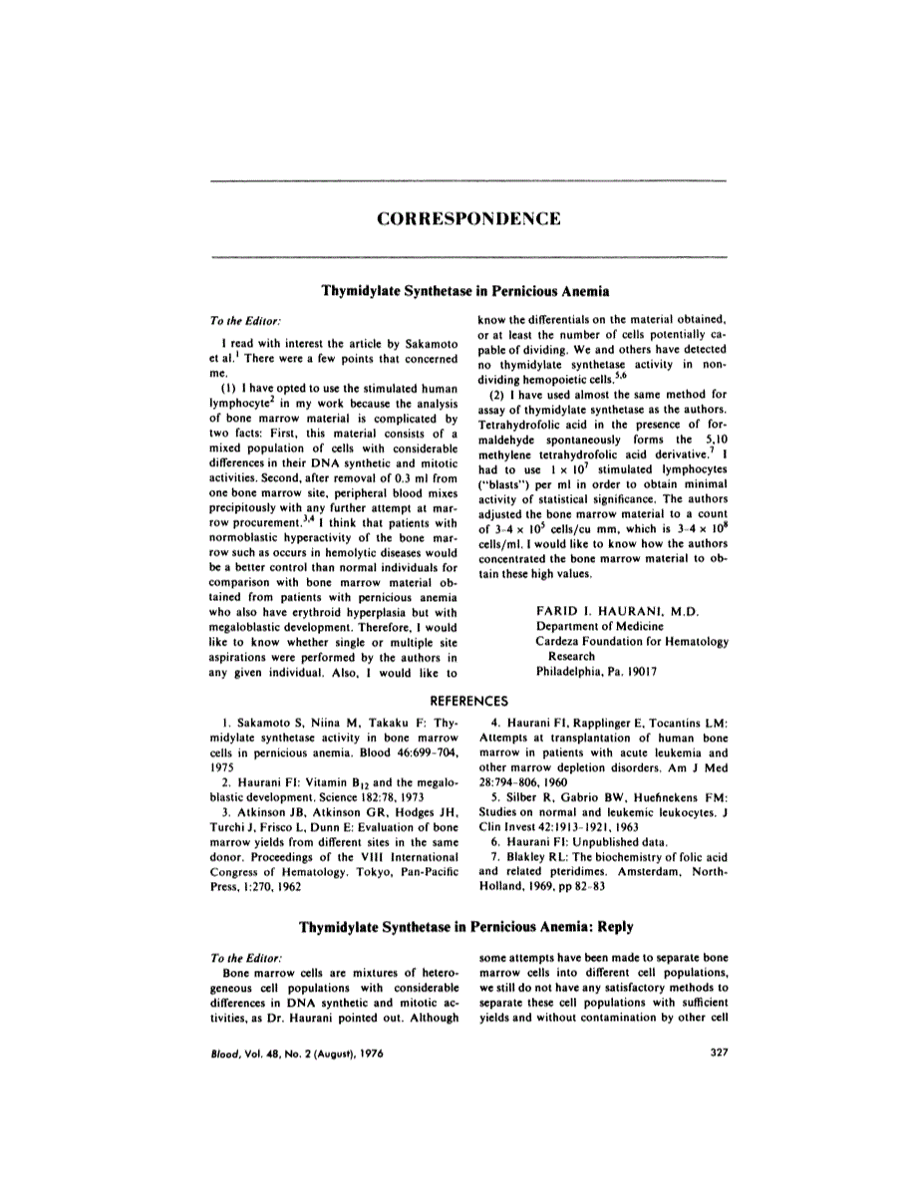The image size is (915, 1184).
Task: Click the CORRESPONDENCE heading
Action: click(x=457, y=218)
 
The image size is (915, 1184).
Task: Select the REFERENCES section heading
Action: click(x=457, y=701)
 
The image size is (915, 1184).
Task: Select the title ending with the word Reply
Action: click(x=457, y=926)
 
